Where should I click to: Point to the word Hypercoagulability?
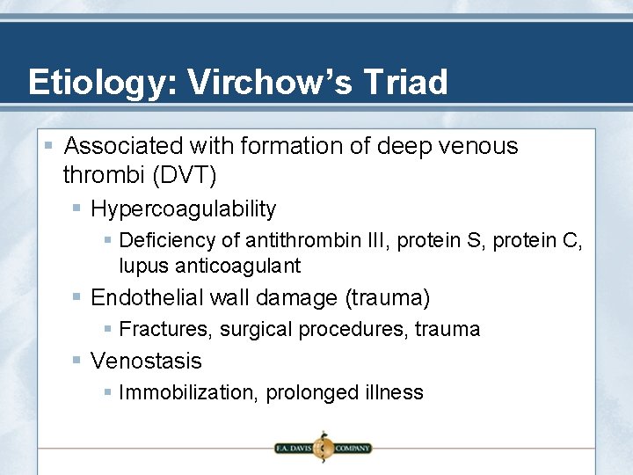coord(184,209)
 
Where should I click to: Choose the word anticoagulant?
coord(237,266)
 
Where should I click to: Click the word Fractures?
coord(165,330)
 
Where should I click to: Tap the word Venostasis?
coord(146,362)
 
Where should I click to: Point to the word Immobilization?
coord(184,392)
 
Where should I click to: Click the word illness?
coord(394,392)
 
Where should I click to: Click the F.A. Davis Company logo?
coord(323,448)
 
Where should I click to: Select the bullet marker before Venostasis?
coord(77,361)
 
